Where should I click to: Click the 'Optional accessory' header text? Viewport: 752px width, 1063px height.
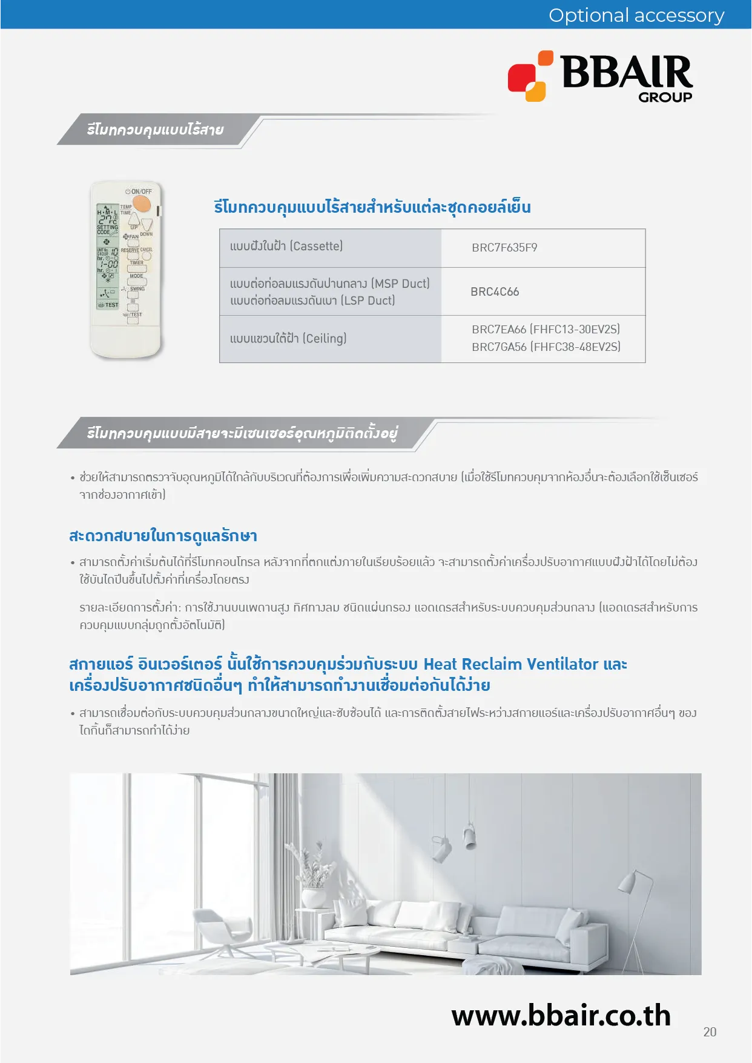click(x=636, y=15)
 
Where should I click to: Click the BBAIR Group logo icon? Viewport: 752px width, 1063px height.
click(x=530, y=76)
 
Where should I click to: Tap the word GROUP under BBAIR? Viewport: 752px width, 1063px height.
click(x=665, y=97)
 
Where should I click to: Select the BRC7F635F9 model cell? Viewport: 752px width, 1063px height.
click(x=504, y=247)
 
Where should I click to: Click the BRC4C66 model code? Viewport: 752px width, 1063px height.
click(x=495, y=292)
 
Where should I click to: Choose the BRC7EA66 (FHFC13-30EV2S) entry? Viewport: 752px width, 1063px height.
click(x=546, y=329)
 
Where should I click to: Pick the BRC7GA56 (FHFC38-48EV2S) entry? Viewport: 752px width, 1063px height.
click(x=546, y=347)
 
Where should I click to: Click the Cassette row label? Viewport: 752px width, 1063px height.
click(x=286, y=246)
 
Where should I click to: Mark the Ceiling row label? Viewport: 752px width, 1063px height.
click(x=288, y=338)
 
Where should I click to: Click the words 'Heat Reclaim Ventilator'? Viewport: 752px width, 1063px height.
click(x=511, y=664)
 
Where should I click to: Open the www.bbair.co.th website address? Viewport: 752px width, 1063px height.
click(x=561, y=1015)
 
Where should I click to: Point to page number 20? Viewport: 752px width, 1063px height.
click(x=710, y=1031)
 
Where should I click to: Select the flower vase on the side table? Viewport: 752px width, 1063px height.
click(x=313, y=895)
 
